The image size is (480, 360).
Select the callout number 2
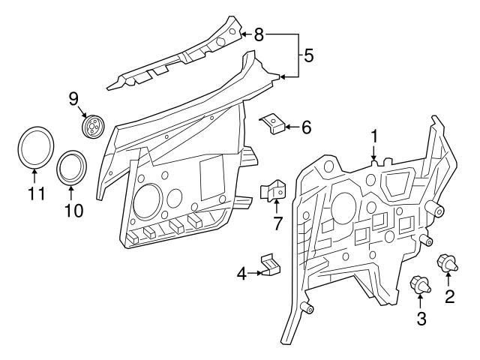[x=450, y=296]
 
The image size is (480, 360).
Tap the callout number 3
[x=421, y=318]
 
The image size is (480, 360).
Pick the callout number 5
[x=308, y=55]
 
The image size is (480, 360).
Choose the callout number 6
[x=306, y=127]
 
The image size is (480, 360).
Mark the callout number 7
[x=278, y=223]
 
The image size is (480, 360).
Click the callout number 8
[x=259, y=34]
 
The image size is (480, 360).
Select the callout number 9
[x=73, y=98]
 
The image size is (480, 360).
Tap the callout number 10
[x=73, y=211]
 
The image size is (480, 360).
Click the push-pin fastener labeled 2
[x=448, y=263]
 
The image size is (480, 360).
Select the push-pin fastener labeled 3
[x=420, y=285]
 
